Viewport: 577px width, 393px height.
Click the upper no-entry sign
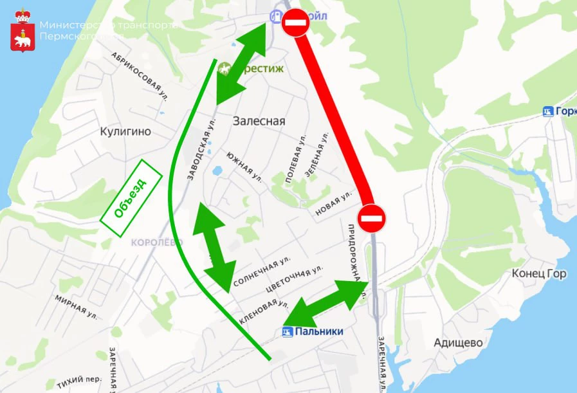(295, 23)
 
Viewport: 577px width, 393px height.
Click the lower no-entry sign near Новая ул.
(372, 219)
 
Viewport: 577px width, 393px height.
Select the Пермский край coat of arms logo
(23, 31)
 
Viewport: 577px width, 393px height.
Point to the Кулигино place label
(125, 132)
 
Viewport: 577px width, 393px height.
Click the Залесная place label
(259, 121)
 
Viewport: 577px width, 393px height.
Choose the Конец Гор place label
(539, 274)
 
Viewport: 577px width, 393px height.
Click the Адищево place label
(458, 343)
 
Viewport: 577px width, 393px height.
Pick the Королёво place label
(156, 242)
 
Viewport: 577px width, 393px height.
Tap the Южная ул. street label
(244, 166)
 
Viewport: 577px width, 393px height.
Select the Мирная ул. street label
(75, 306)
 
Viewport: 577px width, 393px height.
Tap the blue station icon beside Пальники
(288, 332)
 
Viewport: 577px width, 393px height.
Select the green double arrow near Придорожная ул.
(326, 303)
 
